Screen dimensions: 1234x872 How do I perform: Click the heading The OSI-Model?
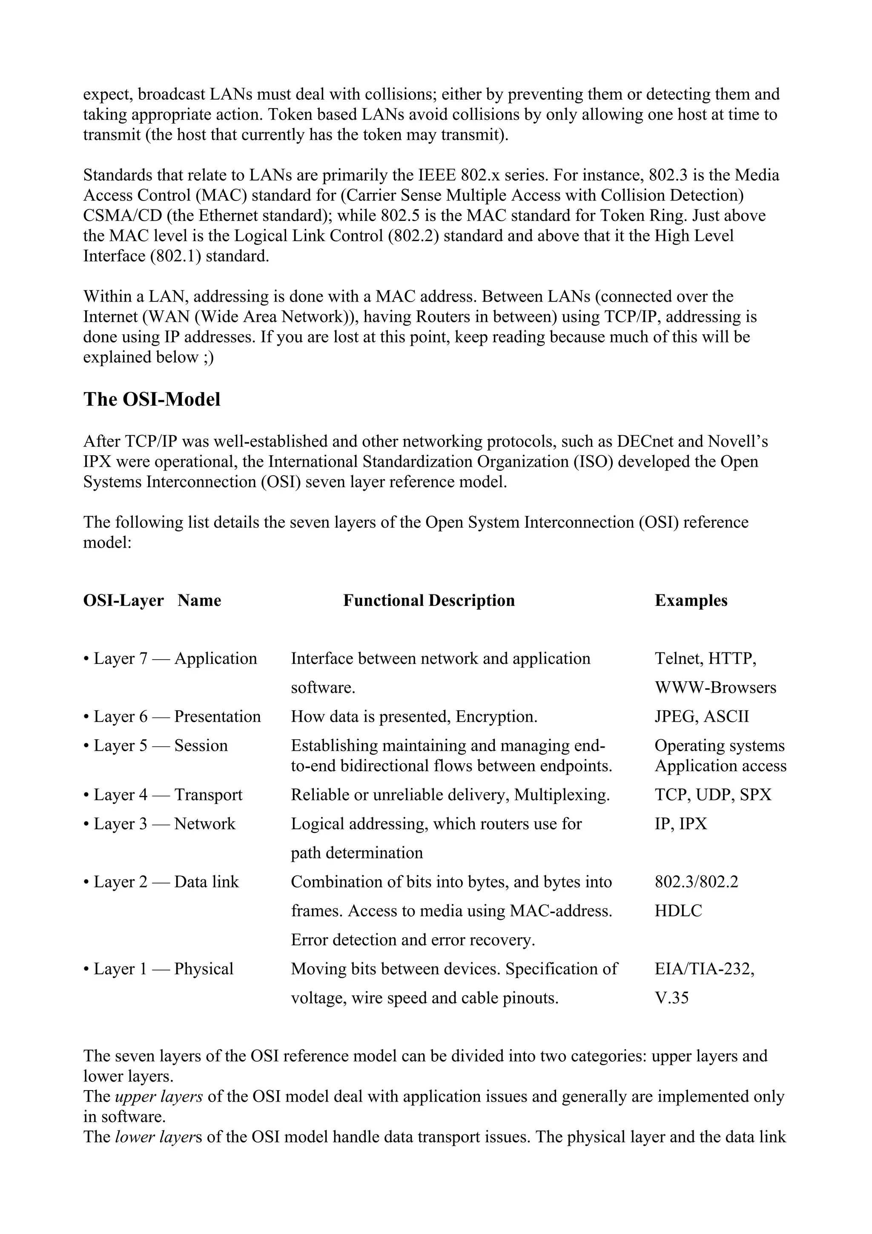(x=152, y=400)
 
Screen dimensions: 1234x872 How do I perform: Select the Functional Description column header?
(x=429, y=600)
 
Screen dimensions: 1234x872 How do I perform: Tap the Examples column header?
(x=691, y=600)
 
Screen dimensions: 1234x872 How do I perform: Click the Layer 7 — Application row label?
(x=170, y=658)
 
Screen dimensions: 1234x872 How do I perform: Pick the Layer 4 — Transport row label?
(x=163, y=795)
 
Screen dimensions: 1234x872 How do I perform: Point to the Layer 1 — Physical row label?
(x=158, y=969)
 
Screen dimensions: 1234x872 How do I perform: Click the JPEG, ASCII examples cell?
(x=702, y=717)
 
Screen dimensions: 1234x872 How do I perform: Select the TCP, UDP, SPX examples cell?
(x=713, y=795)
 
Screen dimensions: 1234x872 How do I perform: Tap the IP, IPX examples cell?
(x=681, y=824)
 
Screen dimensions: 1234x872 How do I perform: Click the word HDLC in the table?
(x=678, y=911)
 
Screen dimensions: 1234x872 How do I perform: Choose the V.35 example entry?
(x=671, y=998)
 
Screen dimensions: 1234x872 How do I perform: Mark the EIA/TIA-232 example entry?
(x=704, y=969)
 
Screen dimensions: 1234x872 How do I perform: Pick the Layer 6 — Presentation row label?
(x=172, y=717)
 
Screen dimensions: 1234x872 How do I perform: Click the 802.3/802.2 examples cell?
(x=696, y=882)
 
